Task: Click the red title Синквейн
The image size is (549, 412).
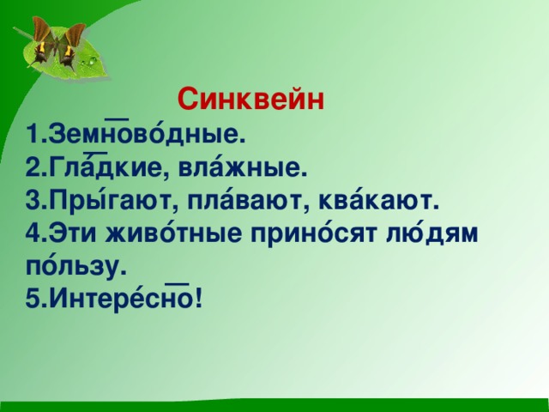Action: [250, 100]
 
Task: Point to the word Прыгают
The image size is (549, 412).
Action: [111, 203]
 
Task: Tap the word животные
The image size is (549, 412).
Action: [173, 234]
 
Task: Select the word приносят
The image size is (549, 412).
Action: [314, 234]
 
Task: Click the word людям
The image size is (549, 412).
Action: [431, 234]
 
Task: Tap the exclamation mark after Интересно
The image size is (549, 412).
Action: [199, 300]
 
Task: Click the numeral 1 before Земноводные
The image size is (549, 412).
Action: [33, 134]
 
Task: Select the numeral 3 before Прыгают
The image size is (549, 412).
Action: [33, 203]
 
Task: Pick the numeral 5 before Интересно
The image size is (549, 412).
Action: [33, 300]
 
